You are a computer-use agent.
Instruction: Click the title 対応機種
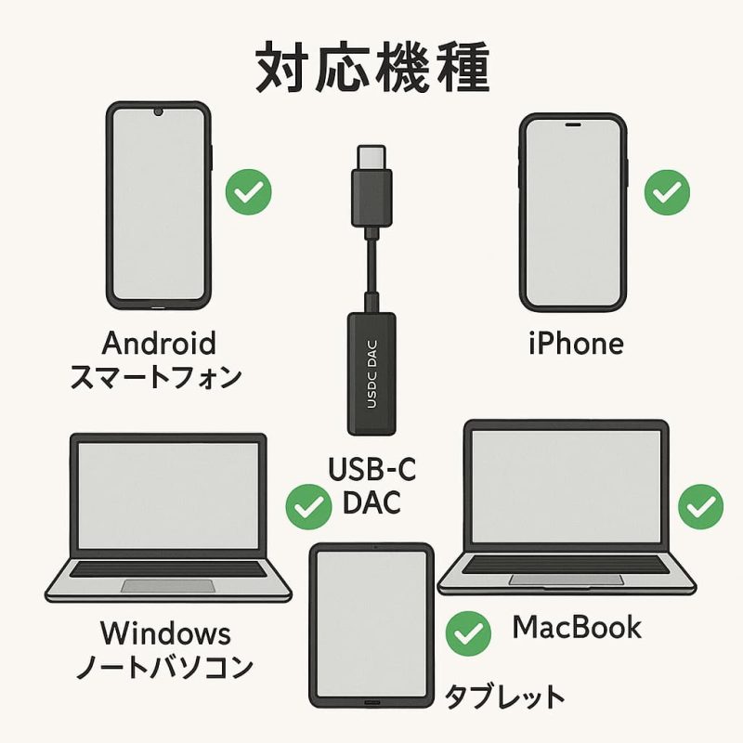(x=372, y=67)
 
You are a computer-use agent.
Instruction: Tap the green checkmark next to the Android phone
(x=248, y=192)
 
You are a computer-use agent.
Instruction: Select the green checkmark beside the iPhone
(x=667, y=192)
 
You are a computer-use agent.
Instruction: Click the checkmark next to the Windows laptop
(x=308, y=507)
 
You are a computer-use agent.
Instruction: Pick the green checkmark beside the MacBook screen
(x=701, y=506)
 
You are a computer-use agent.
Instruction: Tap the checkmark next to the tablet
(x=468, y=634)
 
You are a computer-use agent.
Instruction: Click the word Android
(x=159, y=343)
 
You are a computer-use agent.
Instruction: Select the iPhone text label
(x=576, y=344)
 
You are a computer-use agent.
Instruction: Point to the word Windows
(x=166, y=632)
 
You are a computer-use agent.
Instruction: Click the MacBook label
(x=577, y=627)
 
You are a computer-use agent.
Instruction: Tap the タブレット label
(x=504, y=696)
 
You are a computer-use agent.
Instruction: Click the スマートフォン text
(x=156, y=378)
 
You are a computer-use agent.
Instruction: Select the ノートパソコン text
(x=164, y=667)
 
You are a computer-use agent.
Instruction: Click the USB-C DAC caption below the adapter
(x=372, y=485)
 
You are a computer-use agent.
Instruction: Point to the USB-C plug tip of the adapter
(x=372, y=157)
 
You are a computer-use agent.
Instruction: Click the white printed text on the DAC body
(x=372, y=374)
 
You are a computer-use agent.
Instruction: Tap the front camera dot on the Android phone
(x=158, y=111)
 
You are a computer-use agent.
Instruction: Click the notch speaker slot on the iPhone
(x=573, y=124)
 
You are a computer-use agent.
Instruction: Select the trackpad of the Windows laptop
(x=168, y=586)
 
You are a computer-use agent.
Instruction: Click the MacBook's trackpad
(x=567, y=580)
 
